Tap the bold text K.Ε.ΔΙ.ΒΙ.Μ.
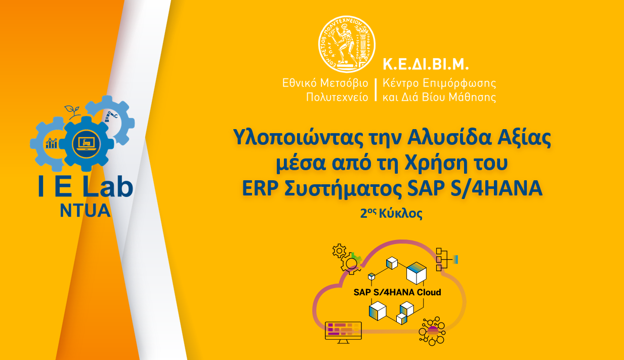[x=425, y=64]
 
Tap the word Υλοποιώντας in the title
[x=290, y=138]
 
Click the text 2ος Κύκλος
[x=391, y=214]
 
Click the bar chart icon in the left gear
[x=52, y=143]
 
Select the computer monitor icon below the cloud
[x=343, y=332]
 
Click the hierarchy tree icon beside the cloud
[x=446, y=259]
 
